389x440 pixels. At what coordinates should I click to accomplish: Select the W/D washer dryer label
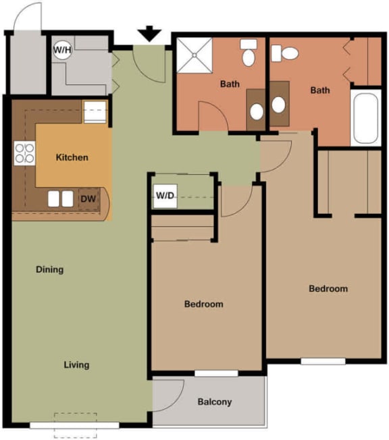tap(165, 196)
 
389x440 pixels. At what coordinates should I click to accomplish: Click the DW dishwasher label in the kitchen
tap(88, 199)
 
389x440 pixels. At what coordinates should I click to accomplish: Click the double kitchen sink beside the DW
tap(61, 199)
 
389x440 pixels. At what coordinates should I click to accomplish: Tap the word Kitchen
tap(72, 157)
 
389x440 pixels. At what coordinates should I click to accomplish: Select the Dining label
tap(49, 270)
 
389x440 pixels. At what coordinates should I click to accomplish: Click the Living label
tap(76, 365)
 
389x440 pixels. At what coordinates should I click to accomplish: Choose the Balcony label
tap(215, 402)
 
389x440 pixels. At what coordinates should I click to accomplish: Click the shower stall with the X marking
tap(195, 56)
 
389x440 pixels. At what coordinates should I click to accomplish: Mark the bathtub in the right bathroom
tap(365, 117)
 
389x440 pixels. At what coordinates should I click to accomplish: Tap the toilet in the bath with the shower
tap(249, 53)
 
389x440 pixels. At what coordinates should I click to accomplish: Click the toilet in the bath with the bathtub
tap(290, 52)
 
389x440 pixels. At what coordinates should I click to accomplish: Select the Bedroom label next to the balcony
tap(203, 304)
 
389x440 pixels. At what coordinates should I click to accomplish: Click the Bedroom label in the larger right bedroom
tap(328, 289)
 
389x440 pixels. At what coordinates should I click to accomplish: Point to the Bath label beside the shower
tap(230, 84)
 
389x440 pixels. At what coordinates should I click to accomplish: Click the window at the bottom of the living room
tap(65, 425)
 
